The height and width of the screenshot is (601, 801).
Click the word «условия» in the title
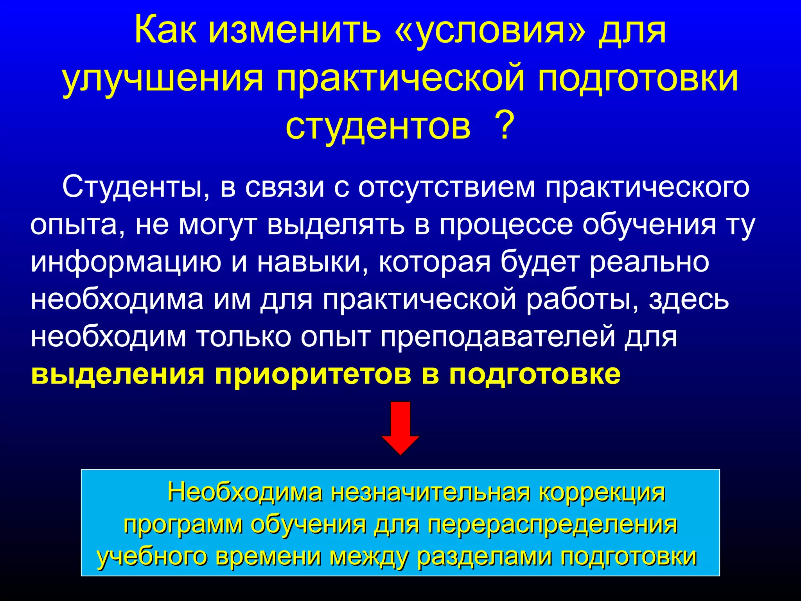coord(491,31)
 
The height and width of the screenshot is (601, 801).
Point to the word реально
coord(649,262)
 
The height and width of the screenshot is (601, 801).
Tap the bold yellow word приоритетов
coord(313,374)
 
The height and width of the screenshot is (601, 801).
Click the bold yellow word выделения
coord(118,374)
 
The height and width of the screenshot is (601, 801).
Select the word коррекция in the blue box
coord(602,492)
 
